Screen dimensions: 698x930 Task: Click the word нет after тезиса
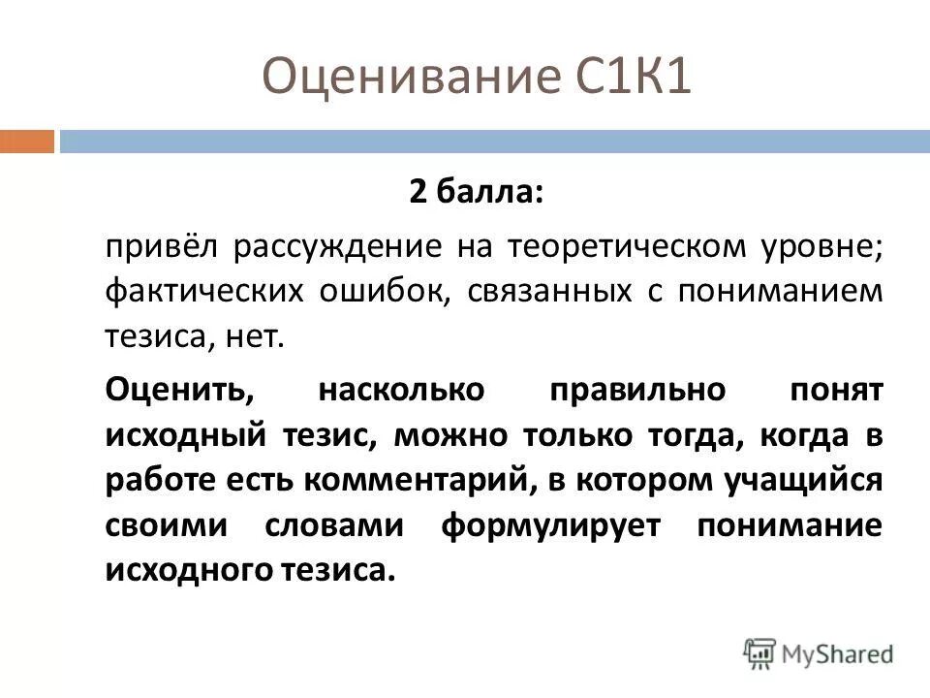tap(259, 336)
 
